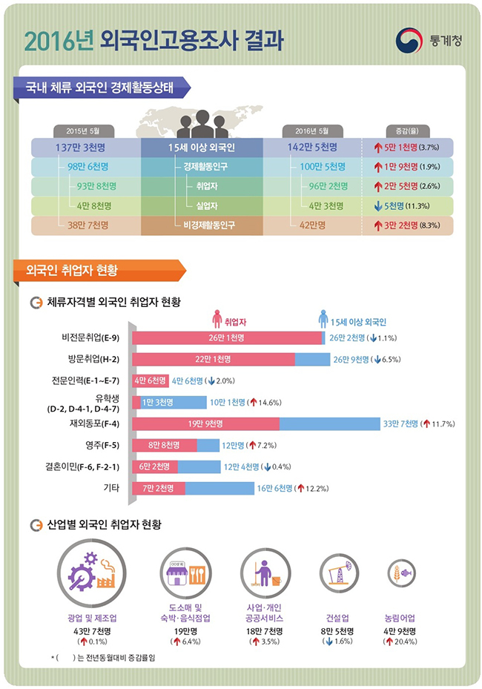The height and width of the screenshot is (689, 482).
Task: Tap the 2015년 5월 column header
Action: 82,130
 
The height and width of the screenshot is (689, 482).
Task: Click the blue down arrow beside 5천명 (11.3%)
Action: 378,205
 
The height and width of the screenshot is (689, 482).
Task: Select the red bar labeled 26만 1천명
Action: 228,338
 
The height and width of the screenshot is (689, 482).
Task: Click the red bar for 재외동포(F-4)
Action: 205,424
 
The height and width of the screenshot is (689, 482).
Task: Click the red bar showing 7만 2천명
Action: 159,488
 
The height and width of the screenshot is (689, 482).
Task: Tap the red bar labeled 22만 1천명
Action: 214,360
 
